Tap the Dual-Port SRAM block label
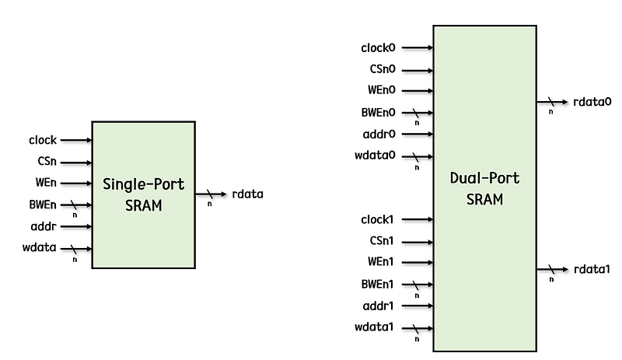click(484, 188)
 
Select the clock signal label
click(43, 141)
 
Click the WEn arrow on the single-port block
click(76, 183)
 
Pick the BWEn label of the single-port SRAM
click(43, 205)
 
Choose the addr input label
click(44, 227)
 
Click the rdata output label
click(247, 194)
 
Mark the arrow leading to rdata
click(210, 194)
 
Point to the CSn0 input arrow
click(417, 69)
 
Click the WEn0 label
click(383, 90)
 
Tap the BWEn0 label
click(379, 112)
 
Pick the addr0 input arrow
click(417, 134)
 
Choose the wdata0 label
click(376, 155)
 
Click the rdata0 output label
click(592, 102)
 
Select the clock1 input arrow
click(417, 220)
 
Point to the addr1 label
click(379, 306)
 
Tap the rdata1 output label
click(592, 270)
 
